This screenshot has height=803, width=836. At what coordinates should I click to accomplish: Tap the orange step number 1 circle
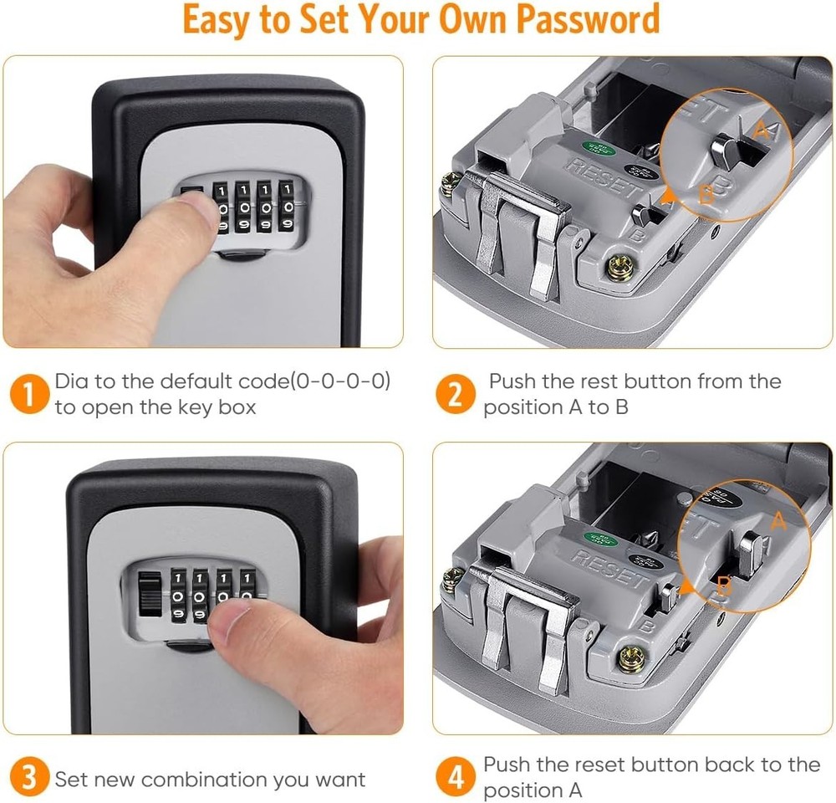(x=29, y=394)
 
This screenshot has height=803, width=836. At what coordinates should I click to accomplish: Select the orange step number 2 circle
(x=456, y=394)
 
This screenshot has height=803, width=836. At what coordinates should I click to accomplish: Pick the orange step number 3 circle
(x=29, y=780)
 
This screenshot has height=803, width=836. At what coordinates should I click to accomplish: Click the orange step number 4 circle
(x=456, y=778)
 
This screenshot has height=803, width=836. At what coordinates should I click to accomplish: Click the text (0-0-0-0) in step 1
(x=340, y=381)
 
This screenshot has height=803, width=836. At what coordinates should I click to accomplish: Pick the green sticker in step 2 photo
(x=606, y=151)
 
